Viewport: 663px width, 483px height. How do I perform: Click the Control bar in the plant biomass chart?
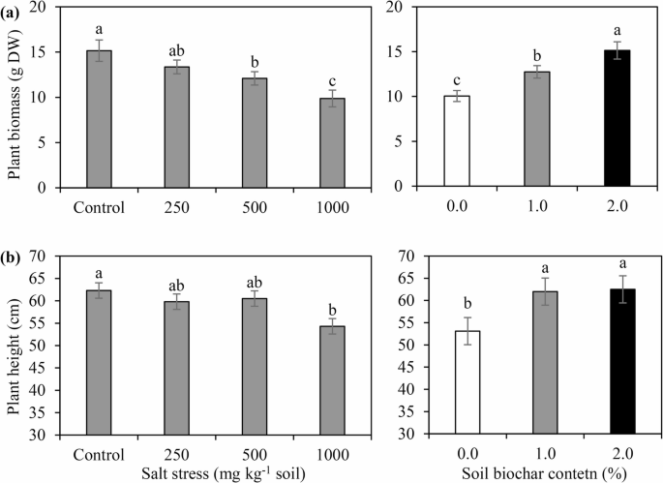[x=99, y=119]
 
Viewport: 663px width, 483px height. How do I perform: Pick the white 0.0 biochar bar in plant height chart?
[x=456, y=383]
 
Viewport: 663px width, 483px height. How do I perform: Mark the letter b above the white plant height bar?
[x=456, y=305]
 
